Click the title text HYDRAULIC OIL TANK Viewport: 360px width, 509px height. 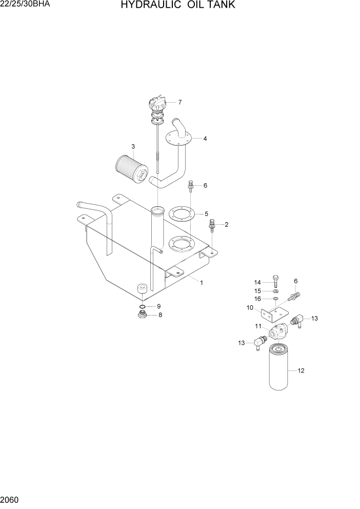tap(178, 6)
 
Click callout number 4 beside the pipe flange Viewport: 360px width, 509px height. tap(205, 139)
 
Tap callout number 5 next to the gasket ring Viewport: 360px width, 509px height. tap(206, 213)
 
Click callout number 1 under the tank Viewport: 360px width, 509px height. tap(202, 282)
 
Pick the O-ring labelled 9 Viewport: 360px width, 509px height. tap(143, 307)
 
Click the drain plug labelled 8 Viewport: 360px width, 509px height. tap(143, 315)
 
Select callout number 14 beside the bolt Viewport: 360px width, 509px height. tap(258, 282)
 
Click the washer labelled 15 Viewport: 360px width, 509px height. tap(275, 291)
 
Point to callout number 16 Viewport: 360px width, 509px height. tap(258, 299)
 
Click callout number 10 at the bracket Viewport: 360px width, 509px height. tap(250, 308)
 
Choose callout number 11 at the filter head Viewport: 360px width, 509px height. tap(258, 326)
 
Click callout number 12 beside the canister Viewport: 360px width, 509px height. tap(301, 370)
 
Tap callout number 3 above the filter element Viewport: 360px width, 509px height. tap(133, 147)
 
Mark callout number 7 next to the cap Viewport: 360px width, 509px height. tap(179, 102)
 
